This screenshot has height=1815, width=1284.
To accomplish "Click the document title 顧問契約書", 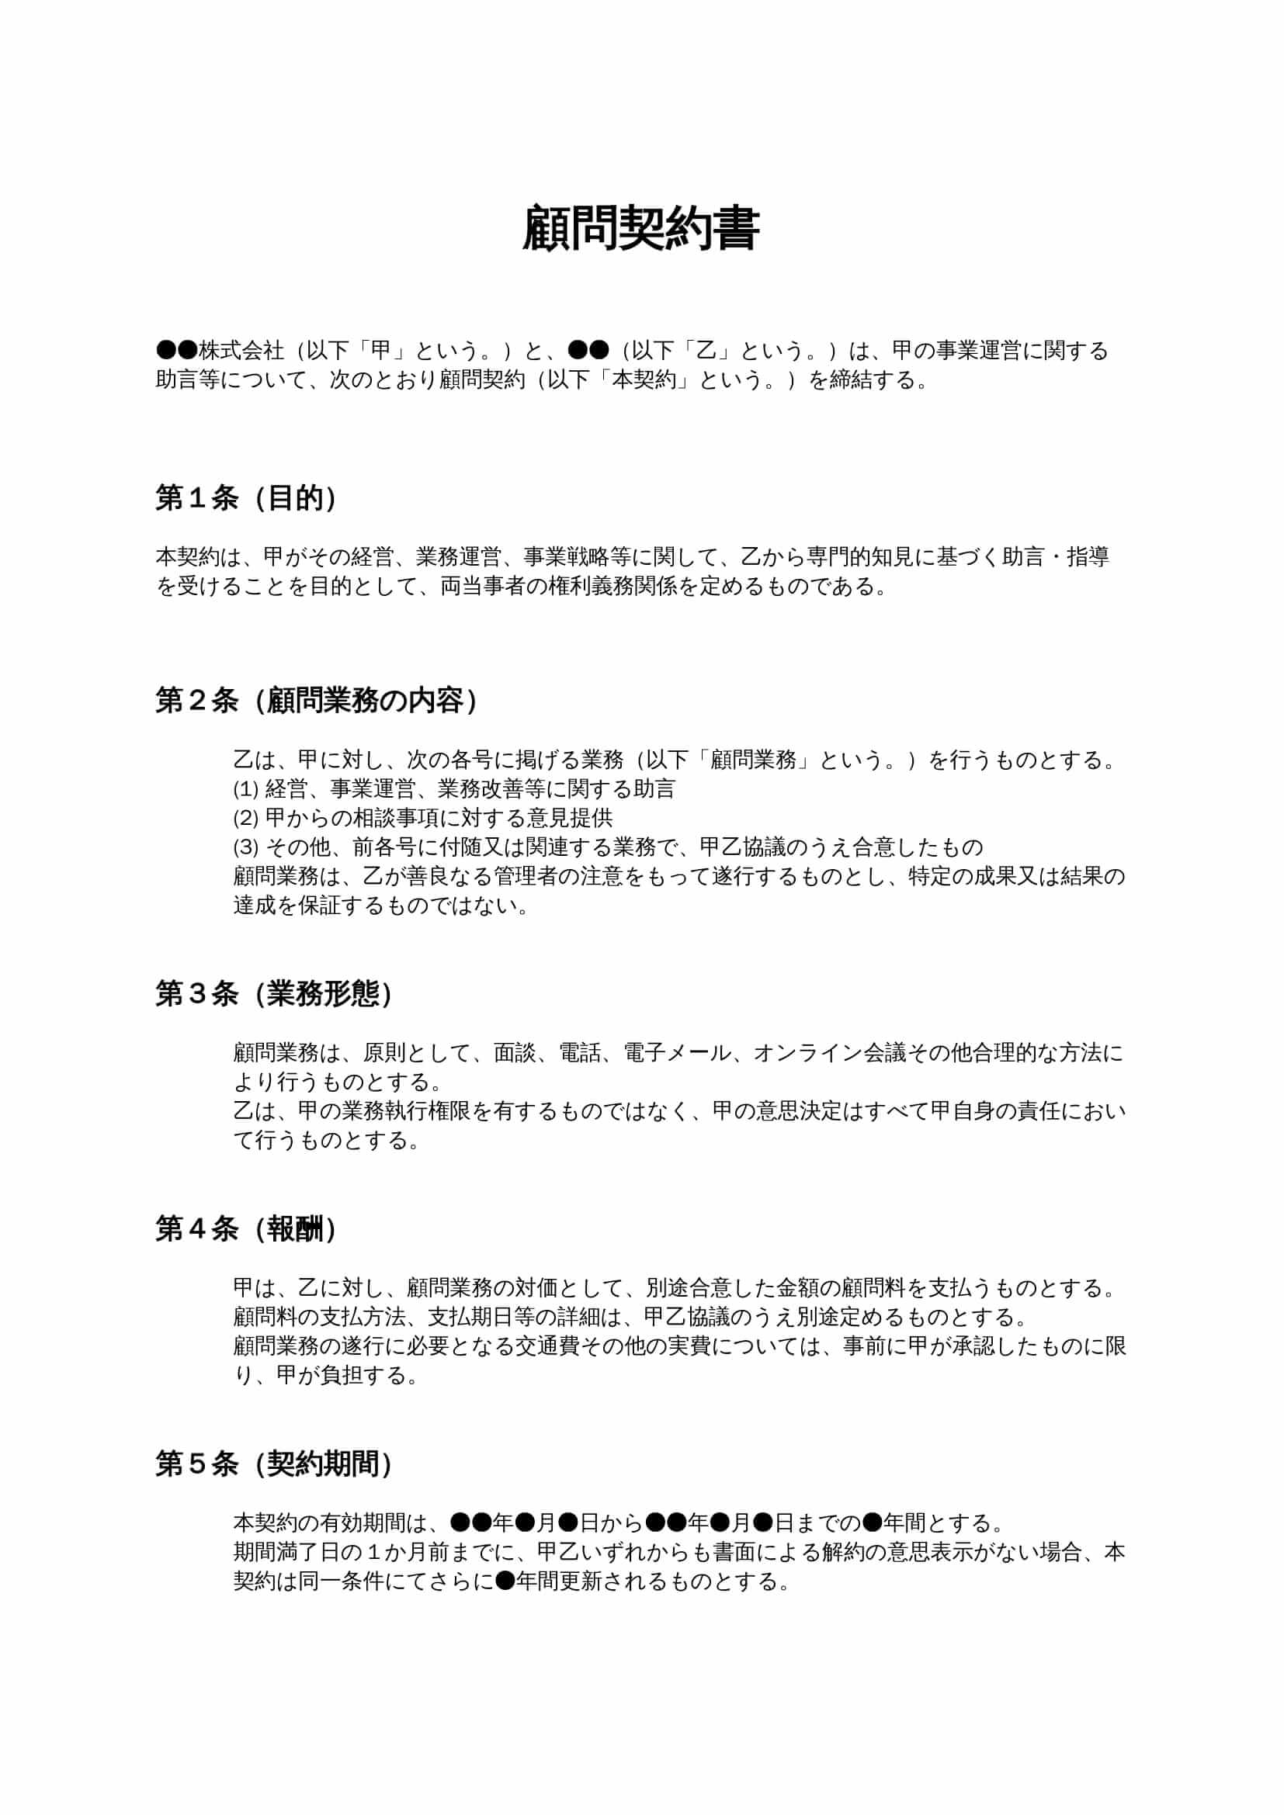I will click(x=641, y=230).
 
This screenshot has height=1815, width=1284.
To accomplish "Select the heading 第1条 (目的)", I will click(x=247, y=498).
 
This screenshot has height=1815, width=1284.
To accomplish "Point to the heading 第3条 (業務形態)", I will click(x=274, y=994).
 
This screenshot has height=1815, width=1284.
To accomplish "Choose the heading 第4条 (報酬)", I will click(x=247, y=1228).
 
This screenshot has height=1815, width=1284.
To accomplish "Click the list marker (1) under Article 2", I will click(x=246, y=789).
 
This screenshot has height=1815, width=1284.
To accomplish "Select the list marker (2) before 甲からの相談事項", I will click(x=246, y=818).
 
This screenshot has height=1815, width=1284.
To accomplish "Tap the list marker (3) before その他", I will click(x=246, y=847).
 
